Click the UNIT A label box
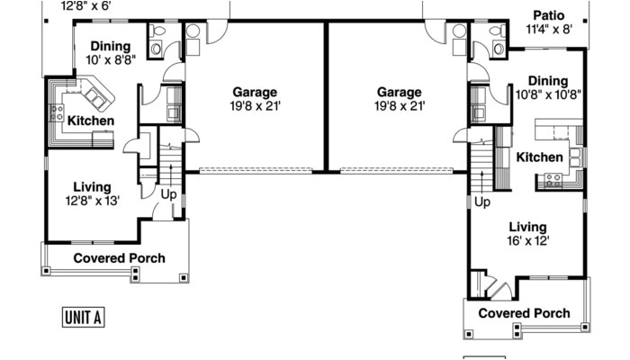click(84, 316)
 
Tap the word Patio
click(548, 14)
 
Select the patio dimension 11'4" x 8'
click(548, 30)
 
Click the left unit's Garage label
click(255, 92)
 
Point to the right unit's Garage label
click(399, 92)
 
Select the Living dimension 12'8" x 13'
click(91, 201)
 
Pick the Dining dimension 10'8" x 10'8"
click(548, 94)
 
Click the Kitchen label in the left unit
click(91, 120)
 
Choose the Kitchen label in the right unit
click(539, 157)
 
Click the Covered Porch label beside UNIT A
click(119, 258)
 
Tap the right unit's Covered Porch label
click(523, 313)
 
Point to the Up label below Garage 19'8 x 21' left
click(168, 193)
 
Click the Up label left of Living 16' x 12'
click(482, 202)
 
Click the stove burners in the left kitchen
click(56, 114)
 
